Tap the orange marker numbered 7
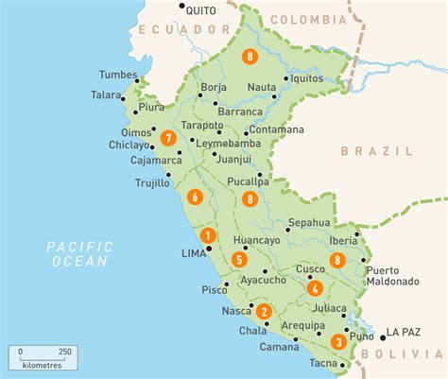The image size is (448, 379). [168, 137]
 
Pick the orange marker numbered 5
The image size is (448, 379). [239, 260]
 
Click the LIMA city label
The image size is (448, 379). [191, 253]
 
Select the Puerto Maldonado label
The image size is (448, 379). [392, 275]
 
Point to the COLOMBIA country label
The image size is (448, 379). [307, 19]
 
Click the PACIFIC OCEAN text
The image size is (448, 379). [80, 253]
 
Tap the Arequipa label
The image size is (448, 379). [276, 325]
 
